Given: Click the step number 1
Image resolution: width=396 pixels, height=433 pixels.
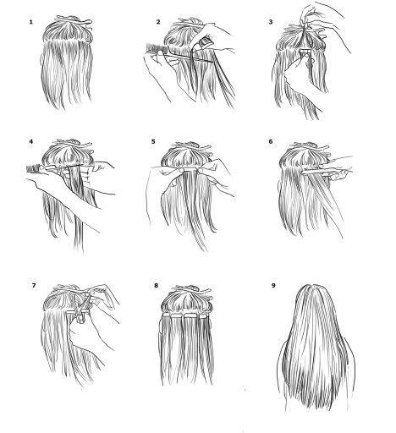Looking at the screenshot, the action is click(31, 22).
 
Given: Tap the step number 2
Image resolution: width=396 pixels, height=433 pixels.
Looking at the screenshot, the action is click(158, 22).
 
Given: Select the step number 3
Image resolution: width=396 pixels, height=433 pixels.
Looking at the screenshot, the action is click(271, 22).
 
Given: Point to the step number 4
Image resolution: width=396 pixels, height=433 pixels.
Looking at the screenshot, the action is click(30, 141).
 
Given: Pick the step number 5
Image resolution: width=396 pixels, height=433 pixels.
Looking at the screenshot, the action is click(153, 141).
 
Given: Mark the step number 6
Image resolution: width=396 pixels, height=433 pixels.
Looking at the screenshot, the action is click(271, 141).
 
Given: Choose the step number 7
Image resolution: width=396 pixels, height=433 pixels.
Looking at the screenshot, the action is click(34, 286).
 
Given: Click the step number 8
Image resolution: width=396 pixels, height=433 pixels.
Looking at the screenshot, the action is click(156, 286).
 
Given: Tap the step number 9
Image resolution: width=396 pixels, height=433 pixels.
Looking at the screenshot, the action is click(273, 286).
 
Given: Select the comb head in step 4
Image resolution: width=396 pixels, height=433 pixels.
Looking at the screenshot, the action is click(34, 169).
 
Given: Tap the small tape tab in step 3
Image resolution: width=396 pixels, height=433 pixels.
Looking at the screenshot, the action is click(305, 51).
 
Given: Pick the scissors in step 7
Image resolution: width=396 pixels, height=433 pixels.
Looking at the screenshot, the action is click(84, 309).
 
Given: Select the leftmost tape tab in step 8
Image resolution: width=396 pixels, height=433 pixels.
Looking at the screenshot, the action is click(167, 315).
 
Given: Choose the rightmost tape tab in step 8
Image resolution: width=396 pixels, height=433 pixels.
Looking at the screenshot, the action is click(204, 315).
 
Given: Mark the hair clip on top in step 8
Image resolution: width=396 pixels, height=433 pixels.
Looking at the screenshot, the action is click(192, 289).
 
